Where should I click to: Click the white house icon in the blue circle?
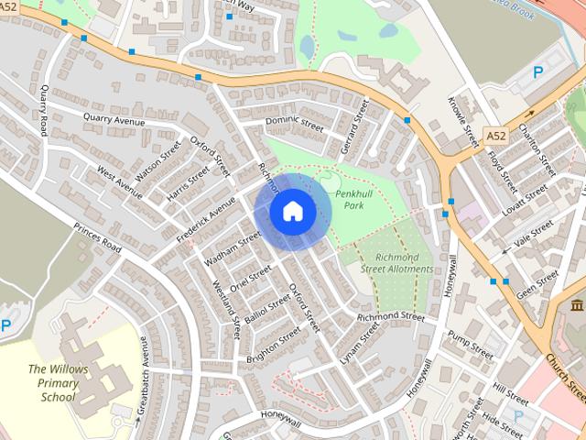[x=292, y=212]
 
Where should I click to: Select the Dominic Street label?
[x=294, y=124]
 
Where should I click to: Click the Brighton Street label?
[x=272, y=347]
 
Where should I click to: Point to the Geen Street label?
[x=537, y=283]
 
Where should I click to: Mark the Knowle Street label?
[x=464, y=122]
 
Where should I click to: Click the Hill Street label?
[x=510, y=389]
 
